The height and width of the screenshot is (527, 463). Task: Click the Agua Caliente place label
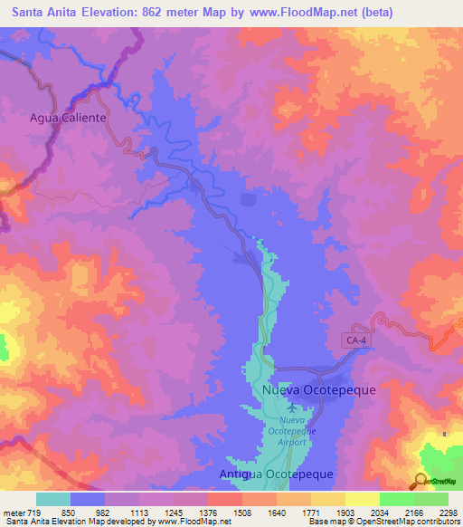coord(69,118)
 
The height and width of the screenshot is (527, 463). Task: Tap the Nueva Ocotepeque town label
coord(318,389)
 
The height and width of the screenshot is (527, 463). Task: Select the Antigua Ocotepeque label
coord(277,474)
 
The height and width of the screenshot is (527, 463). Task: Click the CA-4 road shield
coord(356,340)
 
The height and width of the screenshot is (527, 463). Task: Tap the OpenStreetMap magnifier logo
coord(420,481)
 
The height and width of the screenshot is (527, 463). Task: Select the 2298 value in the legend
coord(449,513)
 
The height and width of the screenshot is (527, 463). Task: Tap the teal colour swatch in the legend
coord(53,499)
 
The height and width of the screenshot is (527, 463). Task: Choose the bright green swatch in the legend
coord(397,499)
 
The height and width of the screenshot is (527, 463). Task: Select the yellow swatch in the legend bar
coord(363,499)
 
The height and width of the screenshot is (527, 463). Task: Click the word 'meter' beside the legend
coord(14,513)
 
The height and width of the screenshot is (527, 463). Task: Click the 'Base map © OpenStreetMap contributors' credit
coord(384,522)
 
